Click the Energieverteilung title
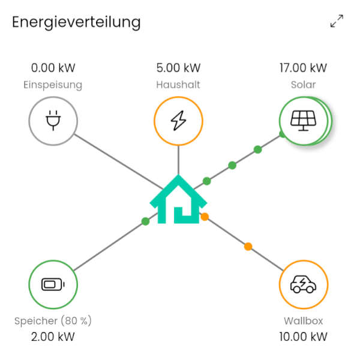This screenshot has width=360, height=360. [76, 23]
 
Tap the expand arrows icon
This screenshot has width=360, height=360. [337, 21]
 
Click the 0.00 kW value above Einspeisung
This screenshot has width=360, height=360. [53, 68]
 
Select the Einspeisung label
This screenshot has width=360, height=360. [53, 85]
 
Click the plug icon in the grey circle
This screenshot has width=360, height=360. [53, 121]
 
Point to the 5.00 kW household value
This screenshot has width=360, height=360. [178, 68]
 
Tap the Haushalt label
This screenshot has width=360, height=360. [178, 85]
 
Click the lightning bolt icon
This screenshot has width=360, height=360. [178, 121]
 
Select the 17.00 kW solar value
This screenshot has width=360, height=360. [303, 68]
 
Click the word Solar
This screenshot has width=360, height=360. [303, 85]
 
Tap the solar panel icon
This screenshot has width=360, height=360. [303, 121]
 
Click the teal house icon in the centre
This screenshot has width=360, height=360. [178, 199]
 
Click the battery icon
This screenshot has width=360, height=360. [53, 284]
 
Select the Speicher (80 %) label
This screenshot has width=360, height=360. [53, 321]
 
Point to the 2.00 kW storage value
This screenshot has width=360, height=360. [53, 337]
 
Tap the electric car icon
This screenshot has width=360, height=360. [303, 284]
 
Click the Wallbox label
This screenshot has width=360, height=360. [303, 321]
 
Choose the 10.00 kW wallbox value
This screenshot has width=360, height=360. [303, 337]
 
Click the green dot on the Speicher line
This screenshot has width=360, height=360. [145, 221]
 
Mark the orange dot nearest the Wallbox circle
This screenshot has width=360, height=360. [248, 247]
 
